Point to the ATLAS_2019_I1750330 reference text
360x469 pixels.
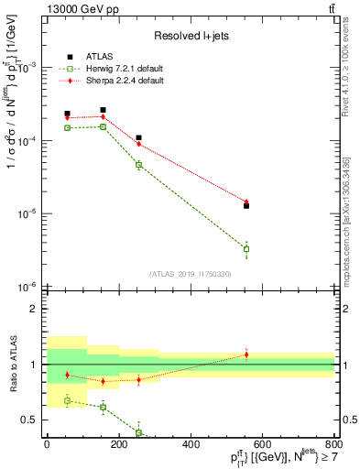(x=191, y=274)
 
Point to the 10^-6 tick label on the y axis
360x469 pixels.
(x=28, y=287)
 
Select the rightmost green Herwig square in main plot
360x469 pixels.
(x=246, y=249)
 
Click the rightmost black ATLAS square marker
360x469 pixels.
(x=246, y=206)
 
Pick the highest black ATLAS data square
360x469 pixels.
(x=103, y=110)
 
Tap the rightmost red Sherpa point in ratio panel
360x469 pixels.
(x=246, y=354)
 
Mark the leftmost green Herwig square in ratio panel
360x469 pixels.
(x=67, y=400)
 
